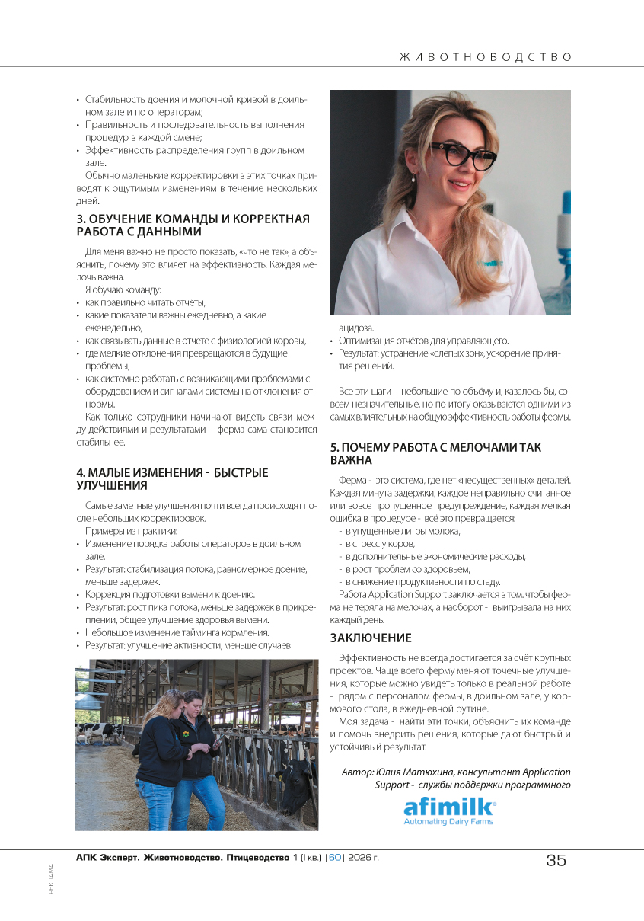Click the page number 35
pyautogui.click(x=556, y=860)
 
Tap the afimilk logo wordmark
pyautogui.click(x=448, y=807)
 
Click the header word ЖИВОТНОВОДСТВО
pyautogui.click(x=485, y=57)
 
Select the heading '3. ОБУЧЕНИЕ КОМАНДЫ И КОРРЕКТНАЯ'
pyautogui.click(x=193, y=219)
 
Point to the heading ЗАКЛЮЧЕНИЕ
pyautogui.click(x=371, y=638)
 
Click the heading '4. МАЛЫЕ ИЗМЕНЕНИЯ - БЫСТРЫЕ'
pyautogui.click(x=172, y=472)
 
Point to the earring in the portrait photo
pyautogui.click(x=413, y=180)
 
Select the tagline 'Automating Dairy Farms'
pyautogui.click(x=448, y=822)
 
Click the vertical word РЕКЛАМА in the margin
pyautogui.click(x=52, y=878)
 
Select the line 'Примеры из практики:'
pyautogui.click(x=131, y=530)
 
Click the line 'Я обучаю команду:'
pyautogui.click(x=123, y=289)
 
